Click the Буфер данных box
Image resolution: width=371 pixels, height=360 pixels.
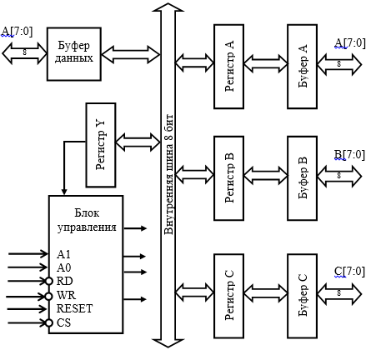click(x=74, y=54)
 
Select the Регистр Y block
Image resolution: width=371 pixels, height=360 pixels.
click(x=101, y=145)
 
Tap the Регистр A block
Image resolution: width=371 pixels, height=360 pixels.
click(x=229, y=67)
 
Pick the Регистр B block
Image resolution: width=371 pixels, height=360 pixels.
click(x=229, y=178)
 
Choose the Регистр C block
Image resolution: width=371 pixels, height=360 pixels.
click(x=229, y=296)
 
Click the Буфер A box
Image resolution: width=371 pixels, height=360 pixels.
click(x=303, y=67)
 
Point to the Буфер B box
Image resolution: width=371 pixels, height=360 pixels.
click(x=303, y=178)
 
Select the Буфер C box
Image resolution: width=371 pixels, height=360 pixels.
click(x=303, y=296)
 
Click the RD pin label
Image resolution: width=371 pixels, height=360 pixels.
click(x=64, y=281)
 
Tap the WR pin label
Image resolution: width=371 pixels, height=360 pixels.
click(x=66, y=295)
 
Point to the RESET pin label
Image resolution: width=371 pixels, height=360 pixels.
click(x=74, y=308)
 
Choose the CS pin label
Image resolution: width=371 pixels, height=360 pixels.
click(x=63, y=322)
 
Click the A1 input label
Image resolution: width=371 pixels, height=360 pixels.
click(x=63, y=254)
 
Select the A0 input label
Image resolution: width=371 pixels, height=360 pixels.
click(x=64, y=267)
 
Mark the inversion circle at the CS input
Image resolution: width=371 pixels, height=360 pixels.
click(x=48, y=323)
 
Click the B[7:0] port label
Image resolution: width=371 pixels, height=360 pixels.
click(x=349, y=155)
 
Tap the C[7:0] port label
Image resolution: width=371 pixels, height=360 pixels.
click(x=349, y=272)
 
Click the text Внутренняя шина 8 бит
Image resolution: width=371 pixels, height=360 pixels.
click(x=168, y=174)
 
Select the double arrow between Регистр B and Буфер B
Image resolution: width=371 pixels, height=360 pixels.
click(x=266, y=176)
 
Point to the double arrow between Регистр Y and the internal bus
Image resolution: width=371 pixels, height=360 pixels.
click(x=138, y=142)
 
